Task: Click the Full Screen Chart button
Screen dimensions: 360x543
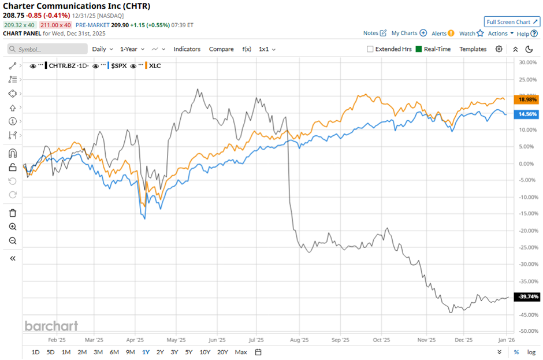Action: (x=512, y=22)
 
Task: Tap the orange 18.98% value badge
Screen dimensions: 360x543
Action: (x=528, y=99)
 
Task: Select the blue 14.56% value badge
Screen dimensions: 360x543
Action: (x=528, y=114)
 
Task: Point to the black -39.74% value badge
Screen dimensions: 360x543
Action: (x=528, y=296)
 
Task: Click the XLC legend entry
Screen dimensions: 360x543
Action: (x=155, y=66)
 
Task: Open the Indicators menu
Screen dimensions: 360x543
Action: (x=187, y=49)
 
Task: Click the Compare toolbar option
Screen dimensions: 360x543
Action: (x=221, y=49)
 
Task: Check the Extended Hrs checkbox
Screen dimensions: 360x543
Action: (x=370, y=49)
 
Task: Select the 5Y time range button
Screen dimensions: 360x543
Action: (x=189, y=352)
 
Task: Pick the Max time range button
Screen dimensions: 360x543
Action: (x=241, y=352)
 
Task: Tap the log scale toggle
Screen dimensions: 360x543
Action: (x=530, y=352)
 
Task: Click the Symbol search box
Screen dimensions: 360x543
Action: (x=49, y=49)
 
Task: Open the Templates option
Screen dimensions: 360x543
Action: (x=473, y=49)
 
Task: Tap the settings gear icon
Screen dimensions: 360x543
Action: (x=499, y=49)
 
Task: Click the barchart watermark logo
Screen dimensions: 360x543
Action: (x=51, y=326)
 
